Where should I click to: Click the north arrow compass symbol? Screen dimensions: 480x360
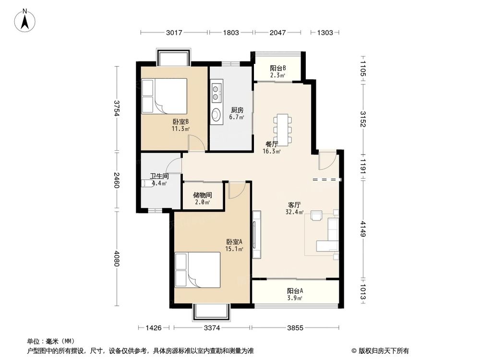click(25, 21)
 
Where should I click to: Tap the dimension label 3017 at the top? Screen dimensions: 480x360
click(174, 33)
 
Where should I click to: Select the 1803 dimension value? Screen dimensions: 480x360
click(231, 33)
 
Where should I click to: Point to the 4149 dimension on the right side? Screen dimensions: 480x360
click(363, 228)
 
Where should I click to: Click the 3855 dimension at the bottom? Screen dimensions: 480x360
click(295, 328)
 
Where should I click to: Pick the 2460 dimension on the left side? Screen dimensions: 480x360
click(116, 180)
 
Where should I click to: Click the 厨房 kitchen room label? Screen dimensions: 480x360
click(237, 110)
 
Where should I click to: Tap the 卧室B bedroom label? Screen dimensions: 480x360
click(180, 122)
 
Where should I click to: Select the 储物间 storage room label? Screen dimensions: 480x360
click(203, 195)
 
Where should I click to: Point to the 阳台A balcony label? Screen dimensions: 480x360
click(295, 291)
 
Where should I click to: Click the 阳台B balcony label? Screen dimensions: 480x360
click(277, 68)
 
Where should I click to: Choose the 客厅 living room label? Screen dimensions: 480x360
click(295, 205)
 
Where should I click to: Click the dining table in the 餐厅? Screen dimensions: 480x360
click(283, 130)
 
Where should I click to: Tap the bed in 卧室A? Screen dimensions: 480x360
click(197, 270)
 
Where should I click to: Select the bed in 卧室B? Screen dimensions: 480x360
click(164, 96)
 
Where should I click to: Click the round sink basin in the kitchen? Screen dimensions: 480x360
click(216, 115)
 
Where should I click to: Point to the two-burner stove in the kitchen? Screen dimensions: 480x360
click(216, 93)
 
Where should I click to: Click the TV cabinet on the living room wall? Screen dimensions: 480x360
click(256, 234)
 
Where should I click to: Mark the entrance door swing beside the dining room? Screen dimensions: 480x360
click(327, 160)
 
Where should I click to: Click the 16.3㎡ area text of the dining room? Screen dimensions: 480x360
click(272, 151)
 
